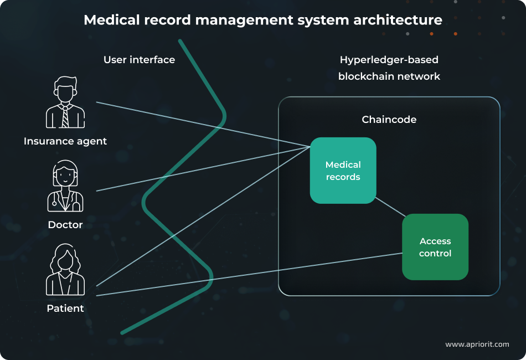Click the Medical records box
[x=343, y=171]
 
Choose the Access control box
[x=435, y=247]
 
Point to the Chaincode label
[x=389, y=120]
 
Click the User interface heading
[x=139, y=60]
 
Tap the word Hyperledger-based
[x=389, y=60]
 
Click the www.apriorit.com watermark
[x=477, y=344]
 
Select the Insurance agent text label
[x=65, y=141]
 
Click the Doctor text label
[x=65, y=225]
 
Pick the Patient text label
[x=65, y=308]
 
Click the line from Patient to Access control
[x=249, y=275]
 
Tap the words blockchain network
[x=389, y=76]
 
